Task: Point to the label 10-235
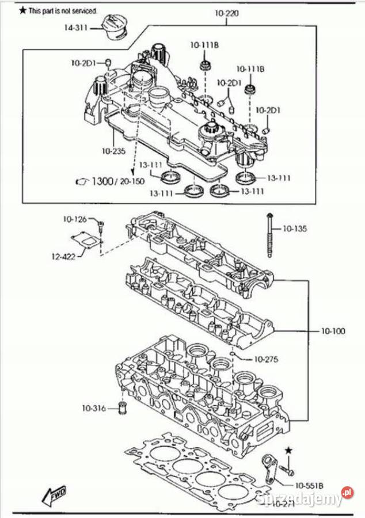coord(113,151)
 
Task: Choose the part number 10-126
coord(75,219)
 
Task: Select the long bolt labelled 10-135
coord(269,238)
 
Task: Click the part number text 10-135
coord(295,228)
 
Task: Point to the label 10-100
coord(333,332)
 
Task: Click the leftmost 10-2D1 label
coord(83,62)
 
